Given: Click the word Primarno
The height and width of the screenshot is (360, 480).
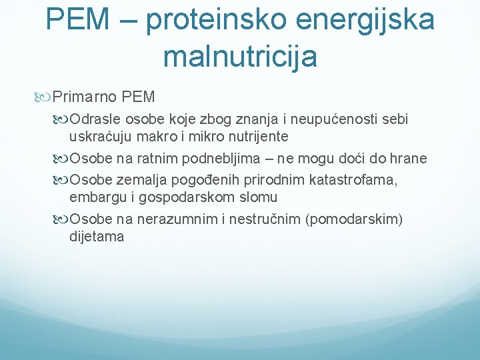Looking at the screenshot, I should tap(85, 97).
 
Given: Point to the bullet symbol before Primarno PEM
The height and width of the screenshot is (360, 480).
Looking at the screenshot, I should tap(45, 97).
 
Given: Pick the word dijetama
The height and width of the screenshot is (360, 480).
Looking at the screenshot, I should tap(97, 237).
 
